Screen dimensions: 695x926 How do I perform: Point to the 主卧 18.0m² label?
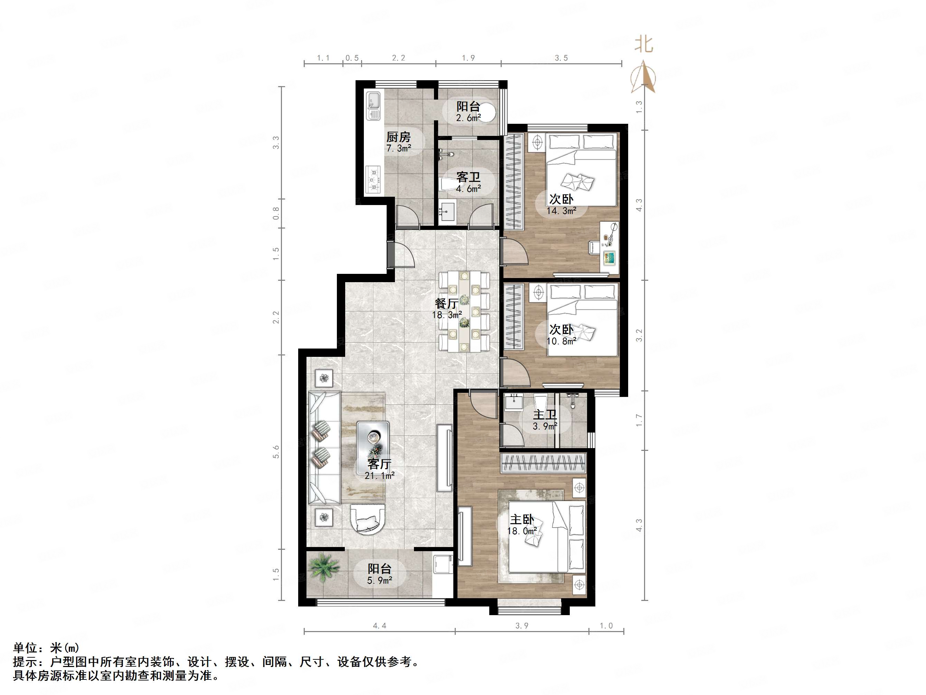522,525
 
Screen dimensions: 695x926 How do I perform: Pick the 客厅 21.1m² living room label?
379,469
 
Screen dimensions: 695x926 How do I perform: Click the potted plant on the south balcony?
323,567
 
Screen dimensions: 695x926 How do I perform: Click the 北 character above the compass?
643,44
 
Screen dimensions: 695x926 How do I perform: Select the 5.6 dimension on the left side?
276,452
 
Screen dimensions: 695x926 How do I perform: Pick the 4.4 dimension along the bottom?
379,626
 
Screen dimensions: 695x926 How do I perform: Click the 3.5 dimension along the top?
561,58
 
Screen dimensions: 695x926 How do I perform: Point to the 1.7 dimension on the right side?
639,420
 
